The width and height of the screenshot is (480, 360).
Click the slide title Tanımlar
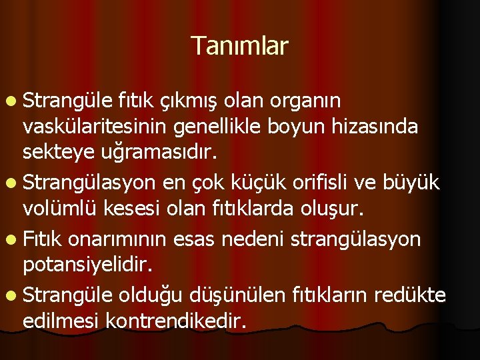(x=239, y=46)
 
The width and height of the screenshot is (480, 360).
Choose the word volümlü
(x=57, y=210)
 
